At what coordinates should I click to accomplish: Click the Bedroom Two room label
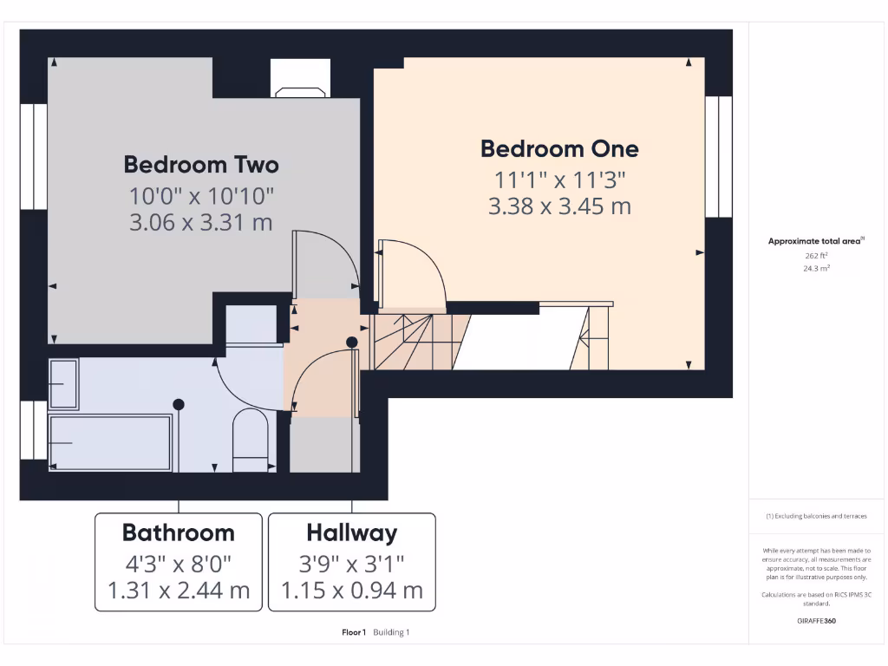[x=201, y=164]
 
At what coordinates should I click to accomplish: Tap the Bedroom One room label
[x=559, y=148]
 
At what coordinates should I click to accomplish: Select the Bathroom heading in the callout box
[x=178, y=532]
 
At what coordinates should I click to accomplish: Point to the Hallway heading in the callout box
[x=351, y=532]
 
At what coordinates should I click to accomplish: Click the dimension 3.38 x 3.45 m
[x=559, y=206]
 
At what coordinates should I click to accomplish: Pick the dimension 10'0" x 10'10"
[x=201, y=194]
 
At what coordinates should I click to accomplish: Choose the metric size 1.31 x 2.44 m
[x=178, y=591]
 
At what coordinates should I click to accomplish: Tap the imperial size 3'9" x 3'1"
[x=351, y=564]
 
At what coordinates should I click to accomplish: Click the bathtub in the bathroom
[x=110, y=442]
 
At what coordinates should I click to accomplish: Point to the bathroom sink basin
[x=63, y=383]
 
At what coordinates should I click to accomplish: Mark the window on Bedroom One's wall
[x=718, y=156]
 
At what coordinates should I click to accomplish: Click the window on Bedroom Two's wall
[x=33, y=156]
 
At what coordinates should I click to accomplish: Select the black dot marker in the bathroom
[x=179, y=403]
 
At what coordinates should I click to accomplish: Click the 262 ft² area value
[x=815, y=256]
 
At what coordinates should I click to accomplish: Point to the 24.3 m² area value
[x=815, y=269]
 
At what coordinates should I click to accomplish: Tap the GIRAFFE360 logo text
[x=816, y=621]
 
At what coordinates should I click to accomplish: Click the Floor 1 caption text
[x=354, y=632]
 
